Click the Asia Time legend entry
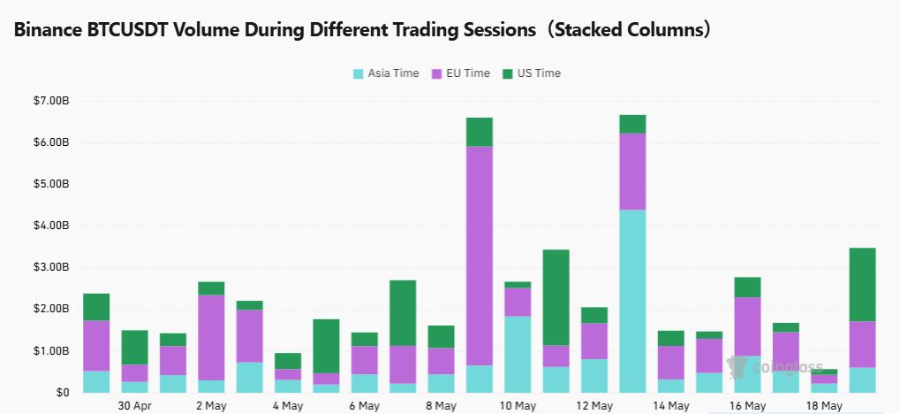tap(386, 73)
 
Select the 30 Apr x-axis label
tap(134, 406)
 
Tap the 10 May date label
tap(518, 406)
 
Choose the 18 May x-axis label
tap(824, 406)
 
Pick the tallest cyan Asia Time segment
tap(632, 301)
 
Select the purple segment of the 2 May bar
tap(211, 337)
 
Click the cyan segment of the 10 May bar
tap(518, 354)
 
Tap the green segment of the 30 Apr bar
tap(134, 347)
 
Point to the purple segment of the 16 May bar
tap(747, 326)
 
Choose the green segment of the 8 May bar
tap(441, 336)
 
